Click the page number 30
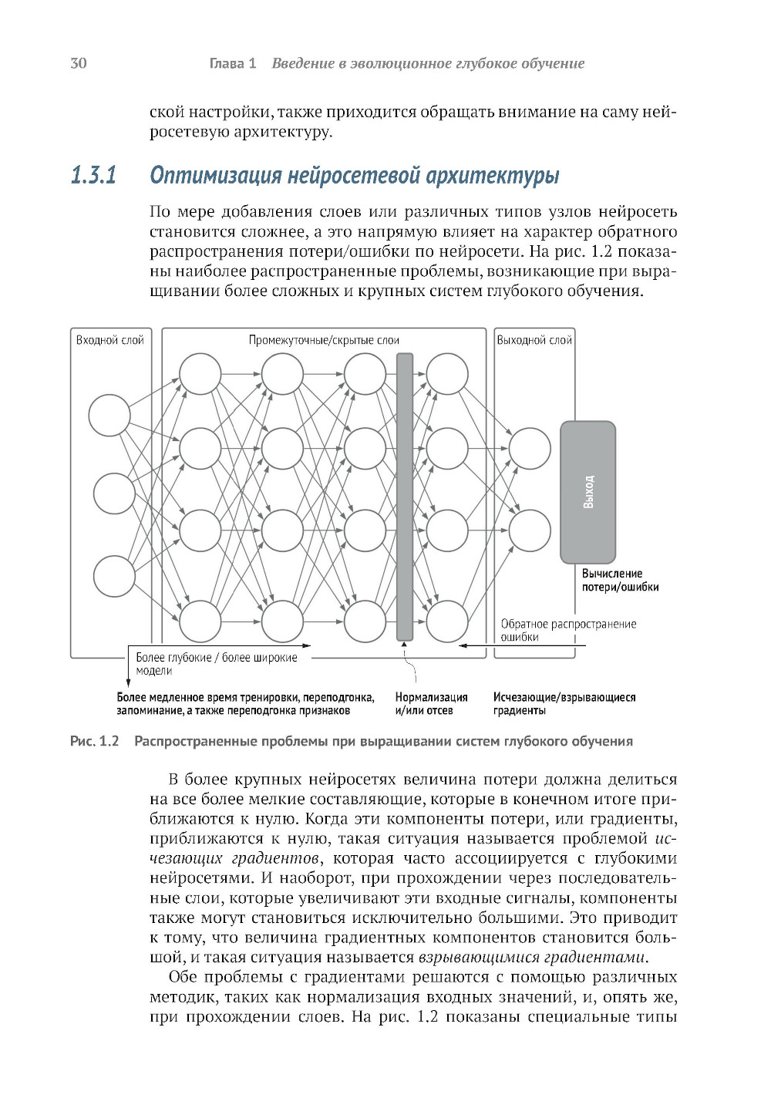coord(79,63)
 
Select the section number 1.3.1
coord(93,176)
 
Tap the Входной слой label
coord(109,340)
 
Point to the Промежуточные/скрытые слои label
coord(324,340)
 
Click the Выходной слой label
coord(534,340)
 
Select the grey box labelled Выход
coord(588,491)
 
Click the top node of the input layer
coord(109,416)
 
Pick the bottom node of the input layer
coord(114,576)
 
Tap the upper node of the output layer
coord(530,448)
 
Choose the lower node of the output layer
coord(530,530)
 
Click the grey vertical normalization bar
coord(405,497)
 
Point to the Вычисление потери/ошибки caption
coord(620,581)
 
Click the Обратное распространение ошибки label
coord(568,630)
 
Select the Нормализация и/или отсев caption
coord(431,704)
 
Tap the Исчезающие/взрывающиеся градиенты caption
coord(564,704)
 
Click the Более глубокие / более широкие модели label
coord(216,664)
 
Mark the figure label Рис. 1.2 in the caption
coord(94,741)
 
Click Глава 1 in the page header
coord(233,63)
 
